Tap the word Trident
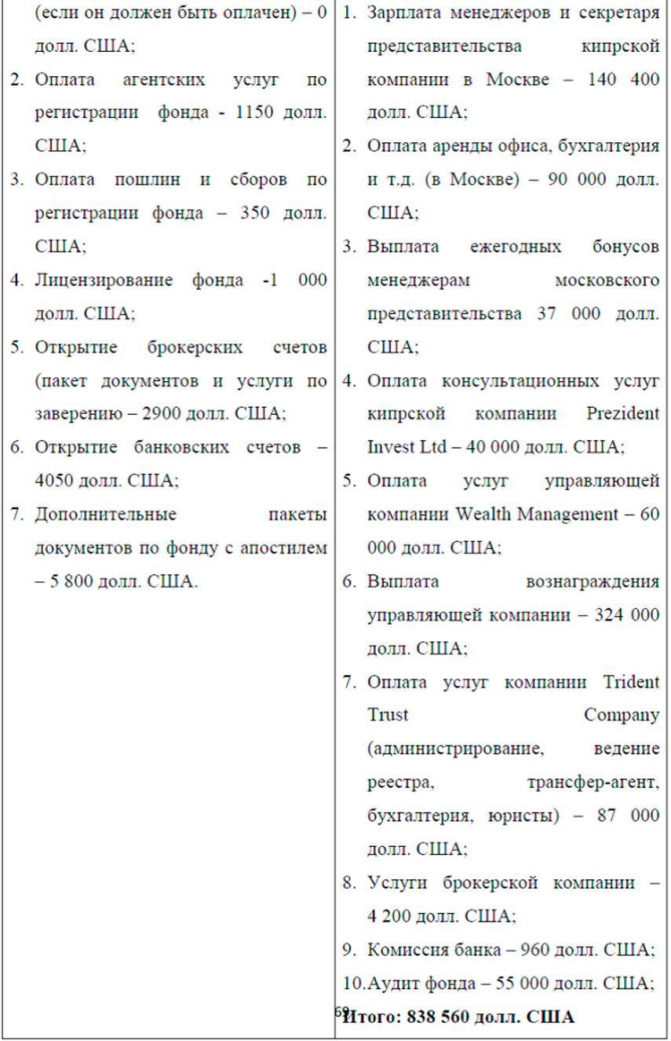tap(629, 682)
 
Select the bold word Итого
tap(371, 1017)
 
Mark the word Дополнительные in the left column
tap(106, 515)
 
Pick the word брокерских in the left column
tap(195, 347)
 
